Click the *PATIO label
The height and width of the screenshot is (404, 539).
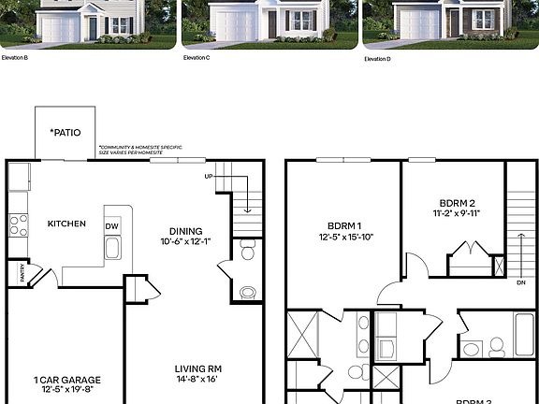pyautogui.click(x=65, y=132)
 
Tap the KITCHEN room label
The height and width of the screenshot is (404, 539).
pyautogui.click(x=66, y=224)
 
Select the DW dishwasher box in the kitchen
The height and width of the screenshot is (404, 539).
pyautogui.click(x=112, y=226)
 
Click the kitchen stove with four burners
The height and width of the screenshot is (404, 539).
pyautogui.click(x=18, y=224)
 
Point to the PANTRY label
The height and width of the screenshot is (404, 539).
pyautogui.click(x=16, y=274)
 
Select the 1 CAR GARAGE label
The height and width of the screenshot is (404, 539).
pyautogui.click(x=66, y=380)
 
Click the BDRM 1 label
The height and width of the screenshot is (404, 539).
pyautogui.click(x=345, y=225)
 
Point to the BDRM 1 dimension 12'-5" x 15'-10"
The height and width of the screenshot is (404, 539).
pyautogui.click(x=345, y=237)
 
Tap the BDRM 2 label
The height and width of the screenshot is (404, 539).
pyautogui.click(x=458, y=203)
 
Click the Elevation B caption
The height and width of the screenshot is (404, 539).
pyautogui.click(x=13, y=57)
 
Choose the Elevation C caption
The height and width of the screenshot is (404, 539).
pyautogui.click(x=196, y=57)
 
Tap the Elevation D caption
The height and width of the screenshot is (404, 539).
pyautogui.click(x=378, y=58)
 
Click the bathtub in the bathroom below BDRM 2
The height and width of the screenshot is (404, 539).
pyautogui.click(x=524, y=334)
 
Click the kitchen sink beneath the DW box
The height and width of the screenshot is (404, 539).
pyautogui.click(x=112, y=249)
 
